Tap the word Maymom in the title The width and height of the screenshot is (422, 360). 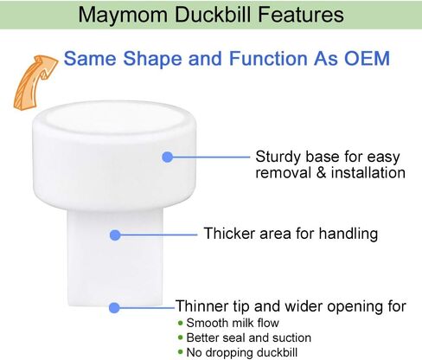123,15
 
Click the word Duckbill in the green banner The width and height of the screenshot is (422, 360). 213,15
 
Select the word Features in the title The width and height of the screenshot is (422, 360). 301,15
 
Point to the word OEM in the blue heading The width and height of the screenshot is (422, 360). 367,59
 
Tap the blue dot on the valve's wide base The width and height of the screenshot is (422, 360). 168,157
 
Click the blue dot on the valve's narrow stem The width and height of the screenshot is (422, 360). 115,235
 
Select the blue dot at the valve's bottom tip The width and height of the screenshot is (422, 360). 114,308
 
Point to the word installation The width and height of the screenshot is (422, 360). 368,173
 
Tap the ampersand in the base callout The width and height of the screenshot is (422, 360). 322,173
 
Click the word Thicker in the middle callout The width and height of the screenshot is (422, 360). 230,233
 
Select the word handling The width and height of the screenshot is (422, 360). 348,234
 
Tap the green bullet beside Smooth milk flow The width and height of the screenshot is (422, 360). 181,323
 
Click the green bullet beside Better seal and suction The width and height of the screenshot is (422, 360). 181,337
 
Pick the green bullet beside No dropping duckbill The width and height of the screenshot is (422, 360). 181,352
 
